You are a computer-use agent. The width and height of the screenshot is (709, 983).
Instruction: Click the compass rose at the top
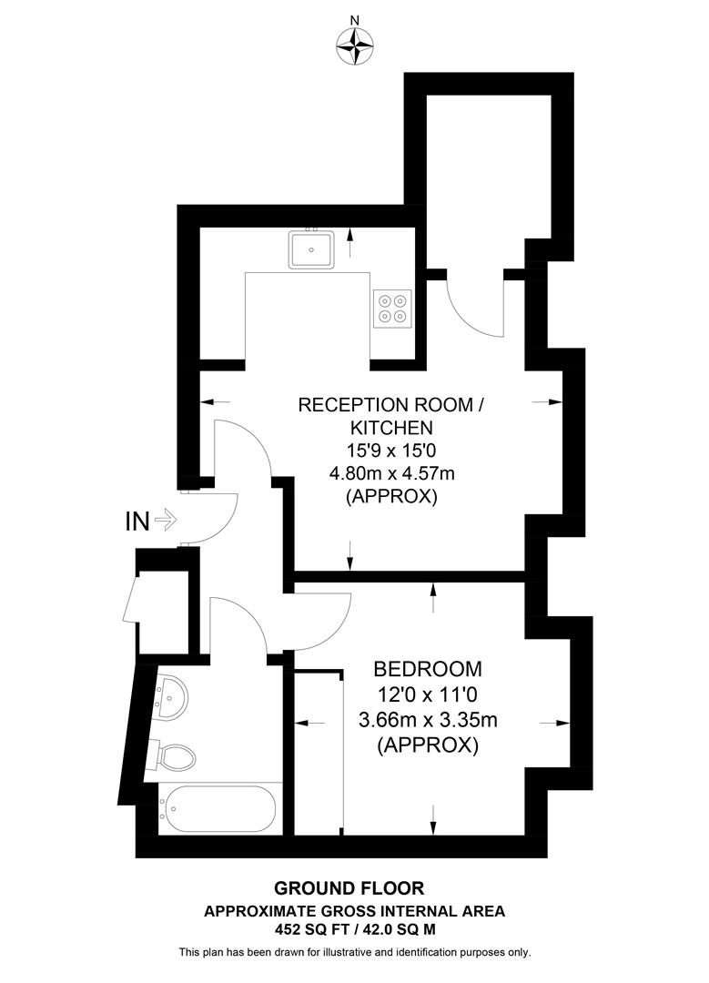[355, 45]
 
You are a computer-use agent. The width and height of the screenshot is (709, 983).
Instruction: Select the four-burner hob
[393, 308]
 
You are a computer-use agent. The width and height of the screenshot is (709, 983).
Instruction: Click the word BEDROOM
[428, 669]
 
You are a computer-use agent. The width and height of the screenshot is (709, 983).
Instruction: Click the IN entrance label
[137, 522]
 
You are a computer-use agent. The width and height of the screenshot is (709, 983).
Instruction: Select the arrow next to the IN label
[166, 522]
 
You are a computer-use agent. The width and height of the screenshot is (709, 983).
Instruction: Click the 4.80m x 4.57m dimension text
[387, 473]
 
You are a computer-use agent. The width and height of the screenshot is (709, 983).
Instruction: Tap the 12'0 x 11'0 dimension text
[428, 694]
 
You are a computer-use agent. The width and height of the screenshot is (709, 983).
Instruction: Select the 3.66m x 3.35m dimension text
[428, 721]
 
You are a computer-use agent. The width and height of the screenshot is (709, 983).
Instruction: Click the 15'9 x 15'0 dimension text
[387, 450]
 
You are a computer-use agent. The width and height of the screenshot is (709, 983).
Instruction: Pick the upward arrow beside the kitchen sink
[350, 241]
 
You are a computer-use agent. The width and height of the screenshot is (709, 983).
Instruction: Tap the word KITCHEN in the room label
[387, 427]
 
